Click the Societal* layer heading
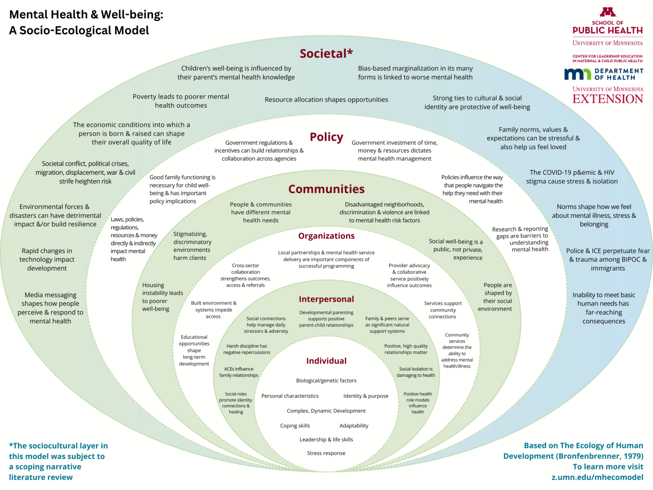(x=326, y=54)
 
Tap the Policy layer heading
(x=326, y=137)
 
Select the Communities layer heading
(x=326, y=189)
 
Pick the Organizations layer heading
(x=326, y=236)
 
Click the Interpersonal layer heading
(x=326, y=299)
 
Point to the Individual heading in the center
(x=326, y=361)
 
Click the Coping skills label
(x=295, y=426)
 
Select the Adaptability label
(x=354, y=426)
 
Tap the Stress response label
(x=326, y=453)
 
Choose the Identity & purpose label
(x=366, y=396)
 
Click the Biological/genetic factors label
(x=326, y=381)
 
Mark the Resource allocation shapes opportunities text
(x=326, y=100)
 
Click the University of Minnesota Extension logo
(x=608, y=95)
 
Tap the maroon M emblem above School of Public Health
(x=608, y=12)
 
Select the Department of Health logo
(x=603, y=74)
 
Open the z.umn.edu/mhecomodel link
(x=597, y=477)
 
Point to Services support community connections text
(x=443, y=310)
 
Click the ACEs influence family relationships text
(x=238, y=372)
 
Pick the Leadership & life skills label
(x=326, y=440)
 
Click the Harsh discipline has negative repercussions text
(x=247, y=349)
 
